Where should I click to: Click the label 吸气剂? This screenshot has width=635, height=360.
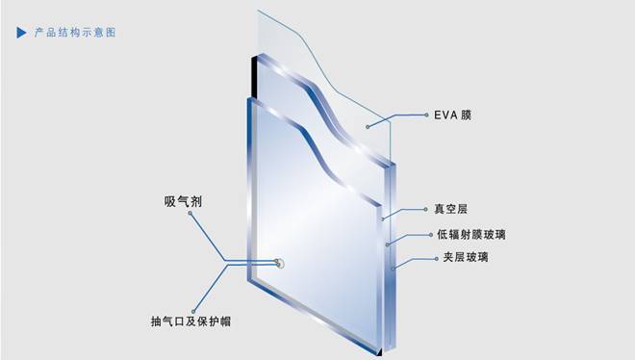[182, 202]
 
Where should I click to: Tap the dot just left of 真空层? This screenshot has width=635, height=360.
[424, 208]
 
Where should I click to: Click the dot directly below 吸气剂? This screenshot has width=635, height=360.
[190, 218]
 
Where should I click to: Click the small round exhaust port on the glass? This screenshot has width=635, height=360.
[280, 262]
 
